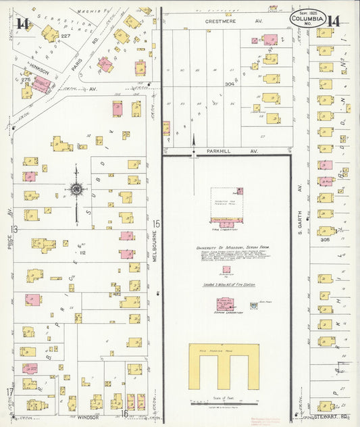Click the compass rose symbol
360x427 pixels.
pyautogui.click(x=76, y=189)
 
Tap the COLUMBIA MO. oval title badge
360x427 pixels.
pyautogui.click(x=308, y=19)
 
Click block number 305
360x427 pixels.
pyautogui.click(x=326, y=239)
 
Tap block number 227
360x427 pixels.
pyautogui.click(x=65, y=36)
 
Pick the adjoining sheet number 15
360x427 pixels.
pyautogui.click(x=156, y=223)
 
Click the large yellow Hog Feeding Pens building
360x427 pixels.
pyautogui.click(x=223, y=366)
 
